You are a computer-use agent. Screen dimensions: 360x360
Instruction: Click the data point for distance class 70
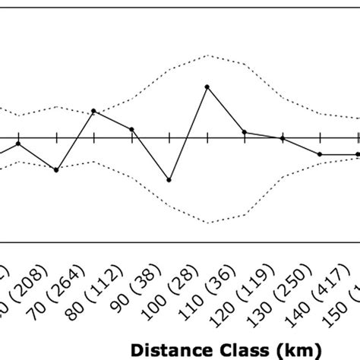(x=56, y=169)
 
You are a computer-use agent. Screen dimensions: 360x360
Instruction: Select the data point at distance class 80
(x=93, y=111)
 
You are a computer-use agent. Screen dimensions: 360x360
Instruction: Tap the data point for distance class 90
(x=131, y=130)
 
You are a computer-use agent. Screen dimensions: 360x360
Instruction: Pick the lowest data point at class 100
(x=169, y=180)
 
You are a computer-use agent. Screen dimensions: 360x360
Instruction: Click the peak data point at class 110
(x=207, y=87)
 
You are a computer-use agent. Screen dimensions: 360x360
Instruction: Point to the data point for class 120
(x=245, y=132)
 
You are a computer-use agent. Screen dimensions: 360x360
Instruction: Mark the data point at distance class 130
(x=283, y=138)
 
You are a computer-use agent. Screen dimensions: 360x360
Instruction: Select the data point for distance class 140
(x=320, y=154)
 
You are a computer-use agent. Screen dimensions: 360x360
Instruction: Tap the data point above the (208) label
(x=18, y=143)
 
